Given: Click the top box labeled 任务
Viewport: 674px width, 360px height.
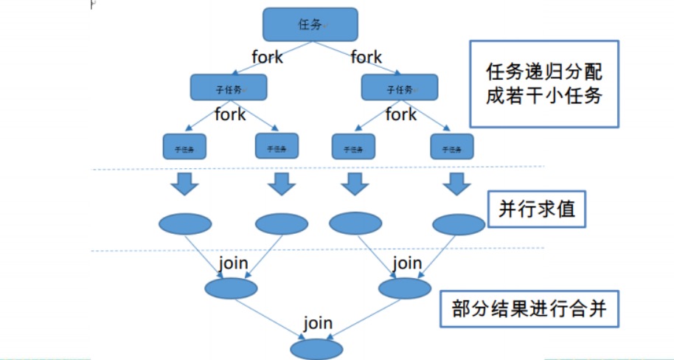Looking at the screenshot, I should [310, 24].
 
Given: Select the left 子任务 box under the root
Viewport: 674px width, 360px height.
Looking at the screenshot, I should [229, 88].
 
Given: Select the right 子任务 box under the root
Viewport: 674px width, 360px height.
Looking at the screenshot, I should [399, 88].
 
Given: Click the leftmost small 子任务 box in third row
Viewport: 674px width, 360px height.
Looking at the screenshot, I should [184, 147].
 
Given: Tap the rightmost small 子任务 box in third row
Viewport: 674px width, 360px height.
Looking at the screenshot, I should [451, 147].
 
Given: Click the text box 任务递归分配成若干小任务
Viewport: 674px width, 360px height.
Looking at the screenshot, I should [545, 83].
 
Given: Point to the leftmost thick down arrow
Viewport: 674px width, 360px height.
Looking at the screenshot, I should [184, 184].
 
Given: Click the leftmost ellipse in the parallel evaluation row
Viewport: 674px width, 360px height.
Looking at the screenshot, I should [185, 224].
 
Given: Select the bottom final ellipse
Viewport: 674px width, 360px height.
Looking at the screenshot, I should [317, 349].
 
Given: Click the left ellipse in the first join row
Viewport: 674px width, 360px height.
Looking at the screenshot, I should [231, 288].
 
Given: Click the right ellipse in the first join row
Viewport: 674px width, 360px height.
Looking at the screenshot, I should [403, 288].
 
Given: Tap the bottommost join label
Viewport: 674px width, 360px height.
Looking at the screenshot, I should [318, 323].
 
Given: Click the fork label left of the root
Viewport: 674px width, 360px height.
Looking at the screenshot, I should [267, 57].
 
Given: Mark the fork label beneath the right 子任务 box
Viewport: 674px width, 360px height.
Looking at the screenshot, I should [401, 115].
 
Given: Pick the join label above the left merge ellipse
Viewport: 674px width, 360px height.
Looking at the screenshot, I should [233, 263].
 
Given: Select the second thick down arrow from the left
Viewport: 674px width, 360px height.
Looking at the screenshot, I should [281, 184].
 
